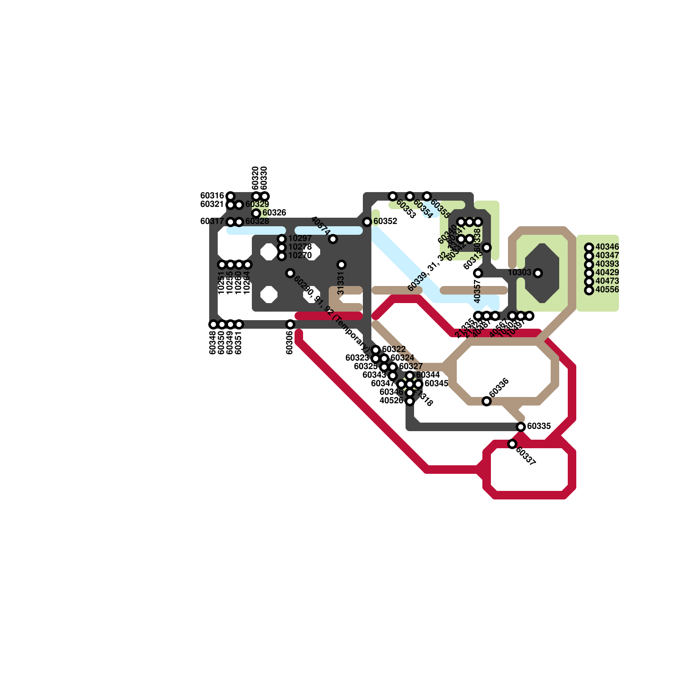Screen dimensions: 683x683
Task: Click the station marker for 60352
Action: tap(367, 222)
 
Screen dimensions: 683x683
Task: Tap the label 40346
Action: tap(607, 247)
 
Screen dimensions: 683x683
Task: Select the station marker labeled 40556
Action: tap(589, 290)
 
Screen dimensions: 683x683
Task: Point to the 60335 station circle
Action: tap(521, 427)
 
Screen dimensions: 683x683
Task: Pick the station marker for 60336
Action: tap(487, 401)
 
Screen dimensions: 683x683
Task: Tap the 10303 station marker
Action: tap(538, 273)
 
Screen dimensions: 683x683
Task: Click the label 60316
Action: tap(212, 196)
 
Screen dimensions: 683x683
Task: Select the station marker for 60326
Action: tap(256, 213)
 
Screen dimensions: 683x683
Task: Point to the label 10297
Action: tap(300, 239)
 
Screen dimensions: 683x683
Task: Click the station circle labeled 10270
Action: tap(282, 256)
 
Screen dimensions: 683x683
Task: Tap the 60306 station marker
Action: tap(290, 324)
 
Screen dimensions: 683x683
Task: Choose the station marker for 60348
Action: tap(213, 324)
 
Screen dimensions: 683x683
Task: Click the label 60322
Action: tap(394, 350)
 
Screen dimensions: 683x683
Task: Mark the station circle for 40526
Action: tap(410, 401)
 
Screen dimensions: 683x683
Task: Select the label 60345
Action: tap(436, 384)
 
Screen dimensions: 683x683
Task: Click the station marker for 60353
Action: tap(393, 196)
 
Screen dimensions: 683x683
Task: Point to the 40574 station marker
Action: tap(333, 239)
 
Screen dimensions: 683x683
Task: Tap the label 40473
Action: tap(607, 281)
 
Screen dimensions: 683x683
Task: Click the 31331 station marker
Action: tap(341, 265)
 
